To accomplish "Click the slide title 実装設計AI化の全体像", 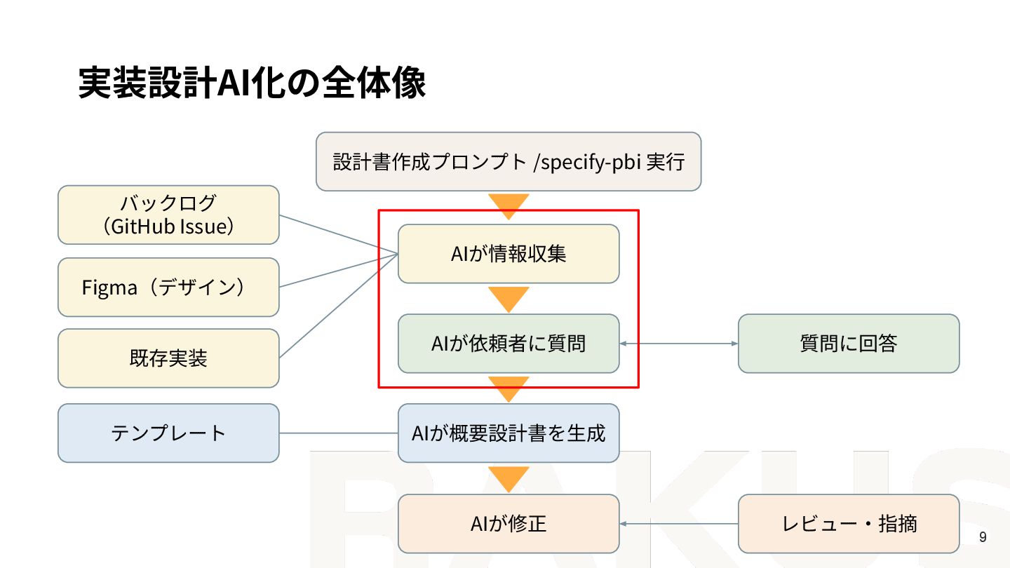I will click(x=252, y=83).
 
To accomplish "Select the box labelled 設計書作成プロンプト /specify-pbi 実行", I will click(x=509, y=161).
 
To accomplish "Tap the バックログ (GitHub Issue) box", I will click(x=168, y=215).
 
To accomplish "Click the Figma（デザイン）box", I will click(x=168, y=288).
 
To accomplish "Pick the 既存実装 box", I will click(x=168, y=358).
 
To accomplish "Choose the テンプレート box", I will click(x=168, y=433).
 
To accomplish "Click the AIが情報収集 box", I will click(x=509, y=254).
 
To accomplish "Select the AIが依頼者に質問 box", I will click(x=509, y=344).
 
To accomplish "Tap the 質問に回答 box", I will click(x=849, y=344).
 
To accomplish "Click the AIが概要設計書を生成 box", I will click(x=509, y=433).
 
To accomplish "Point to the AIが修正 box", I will click(x=509, y=523).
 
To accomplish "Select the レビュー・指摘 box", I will click(x=849, y=523).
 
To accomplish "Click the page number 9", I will click(x=983, y=538).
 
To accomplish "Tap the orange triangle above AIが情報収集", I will click(x=509, y=205).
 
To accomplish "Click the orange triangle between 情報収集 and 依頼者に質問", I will click(x=509, y=298).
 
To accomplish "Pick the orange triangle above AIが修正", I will click(x=509, y=478).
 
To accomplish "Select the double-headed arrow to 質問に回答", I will click(x=679, y=344).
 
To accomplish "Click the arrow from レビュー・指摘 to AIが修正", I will click(x=679, y=523).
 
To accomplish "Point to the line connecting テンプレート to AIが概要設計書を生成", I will click(x=339, y=433).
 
